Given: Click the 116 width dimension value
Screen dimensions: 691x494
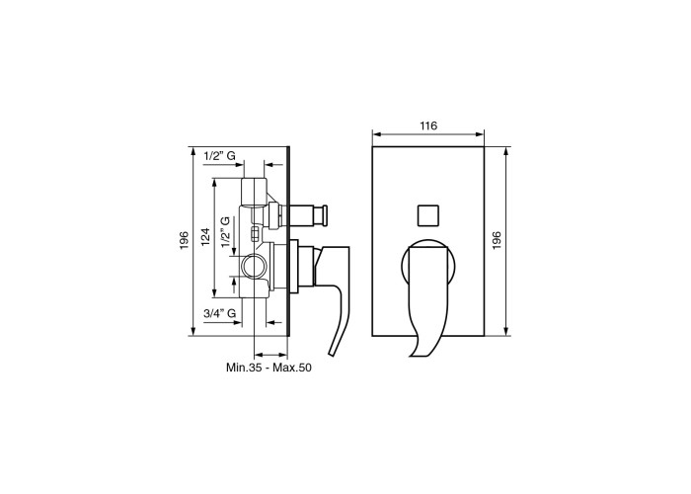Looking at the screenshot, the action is click(x=428, y=125).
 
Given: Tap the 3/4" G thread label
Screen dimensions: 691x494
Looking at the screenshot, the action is click(x=219, y=313).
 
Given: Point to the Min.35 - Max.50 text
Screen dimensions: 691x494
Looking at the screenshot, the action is click(x=269, y=368).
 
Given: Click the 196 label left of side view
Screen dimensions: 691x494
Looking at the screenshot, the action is click(x=185, y=241).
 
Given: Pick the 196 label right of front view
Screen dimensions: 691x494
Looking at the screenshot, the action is click(x=498, y=241).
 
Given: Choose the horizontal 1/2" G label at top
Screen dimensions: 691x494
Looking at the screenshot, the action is click(x=219, y=156).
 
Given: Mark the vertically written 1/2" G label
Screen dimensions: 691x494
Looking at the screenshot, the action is click(x=226, y=231).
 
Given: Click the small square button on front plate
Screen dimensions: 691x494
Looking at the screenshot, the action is click(x=428, y=215).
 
